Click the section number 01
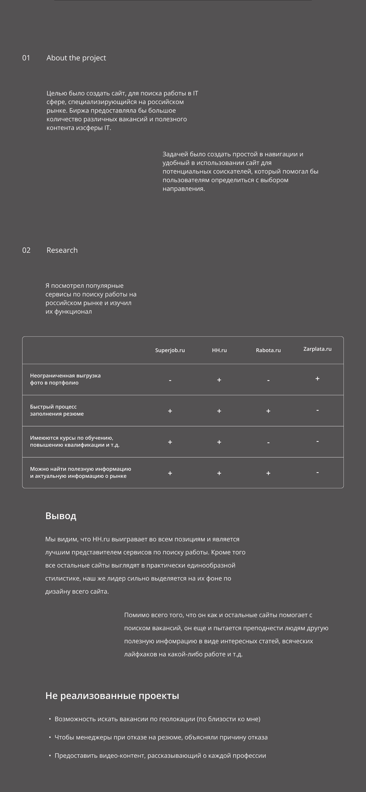26,58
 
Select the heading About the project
76,58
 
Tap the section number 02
26,250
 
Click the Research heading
62,250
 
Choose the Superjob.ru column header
170,350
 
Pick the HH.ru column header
219,350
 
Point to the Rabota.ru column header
268,350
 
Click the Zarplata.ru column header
317,349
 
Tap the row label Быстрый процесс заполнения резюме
57,410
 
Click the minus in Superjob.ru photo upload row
170,381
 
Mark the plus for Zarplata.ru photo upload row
317,378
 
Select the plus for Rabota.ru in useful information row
268,473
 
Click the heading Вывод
61,516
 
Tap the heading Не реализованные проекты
112,696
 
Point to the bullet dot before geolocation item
50,719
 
